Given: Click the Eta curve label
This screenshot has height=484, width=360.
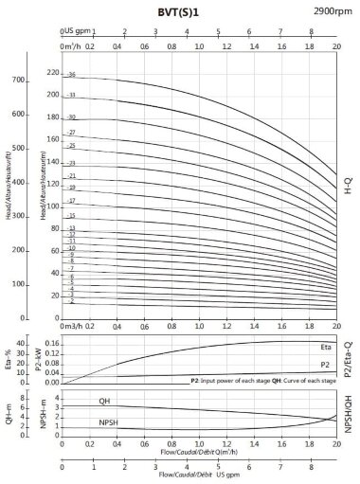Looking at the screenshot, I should pyautogui.click(x=324, y=347).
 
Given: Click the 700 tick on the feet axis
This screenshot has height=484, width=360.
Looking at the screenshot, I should pyautogui.click(x=18, y=81).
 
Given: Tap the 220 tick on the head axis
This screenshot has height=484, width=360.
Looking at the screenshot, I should pyautogui.click(x=53, y=73).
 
